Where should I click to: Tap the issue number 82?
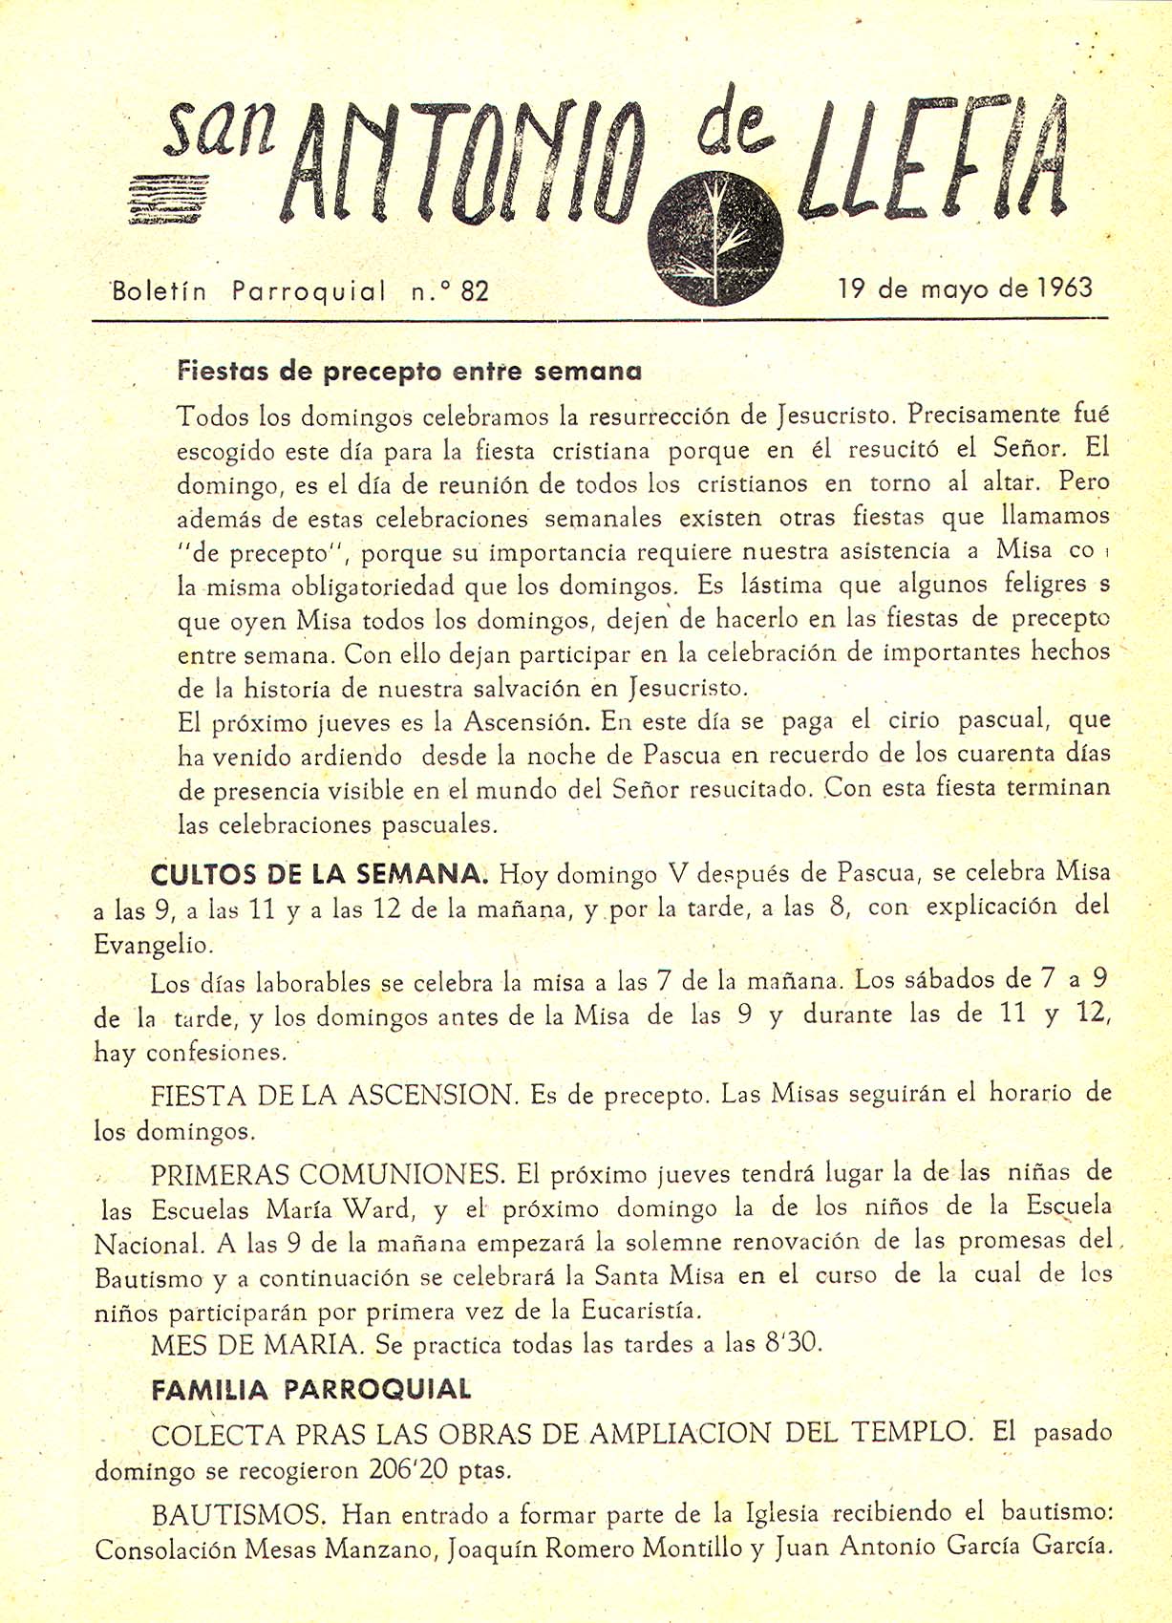click(x=475, y=290)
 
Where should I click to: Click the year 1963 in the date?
click(x=1063, y=288)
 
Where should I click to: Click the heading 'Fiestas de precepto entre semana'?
click(x=410, y=371)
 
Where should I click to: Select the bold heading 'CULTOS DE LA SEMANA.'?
click(x=320, y=874)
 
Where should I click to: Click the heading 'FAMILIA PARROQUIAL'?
click(x=311, y=1389)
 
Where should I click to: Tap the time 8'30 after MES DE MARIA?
click(x=793, y=1343)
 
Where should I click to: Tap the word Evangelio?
click(x=153, y=944)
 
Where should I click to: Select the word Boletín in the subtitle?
click(x=160, y=291)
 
